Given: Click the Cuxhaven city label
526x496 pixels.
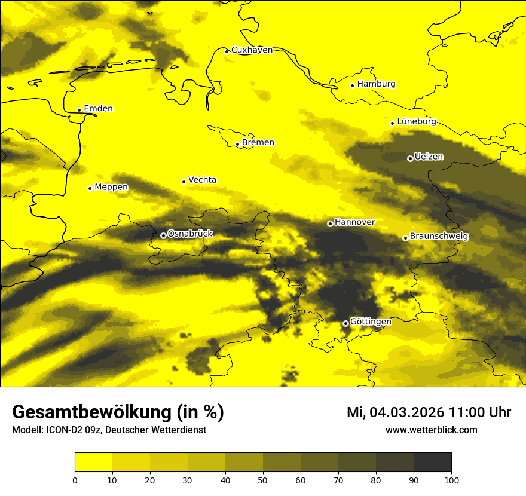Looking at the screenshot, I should click(252, 50).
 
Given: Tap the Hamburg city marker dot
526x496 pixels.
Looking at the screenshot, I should click(352, 85).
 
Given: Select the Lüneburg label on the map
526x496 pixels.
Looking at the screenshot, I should click(416, 122).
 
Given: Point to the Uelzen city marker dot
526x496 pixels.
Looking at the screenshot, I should click(410, 158).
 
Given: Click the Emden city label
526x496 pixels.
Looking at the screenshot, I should click(98, 109).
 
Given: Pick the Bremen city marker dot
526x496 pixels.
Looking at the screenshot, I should click(237, 144).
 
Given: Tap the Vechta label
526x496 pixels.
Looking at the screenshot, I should click(202, 180).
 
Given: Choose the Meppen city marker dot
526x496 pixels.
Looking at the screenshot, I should click(90, 188).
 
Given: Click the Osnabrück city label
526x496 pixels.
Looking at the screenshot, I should click(190, 234).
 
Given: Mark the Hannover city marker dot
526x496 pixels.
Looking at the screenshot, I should click(330, 223).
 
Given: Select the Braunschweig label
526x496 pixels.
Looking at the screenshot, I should click(439, 237).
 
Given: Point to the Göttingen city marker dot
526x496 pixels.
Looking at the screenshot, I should click(345, 323).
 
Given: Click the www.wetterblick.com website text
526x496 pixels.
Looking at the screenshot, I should click(431, 430).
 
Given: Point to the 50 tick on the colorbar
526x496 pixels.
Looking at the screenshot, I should click(263, 479).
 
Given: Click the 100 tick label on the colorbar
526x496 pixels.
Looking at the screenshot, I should click(451, 479).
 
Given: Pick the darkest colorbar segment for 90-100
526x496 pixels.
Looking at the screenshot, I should click(432, 463).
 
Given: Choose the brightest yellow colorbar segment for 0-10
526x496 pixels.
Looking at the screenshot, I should click(94, 463).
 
